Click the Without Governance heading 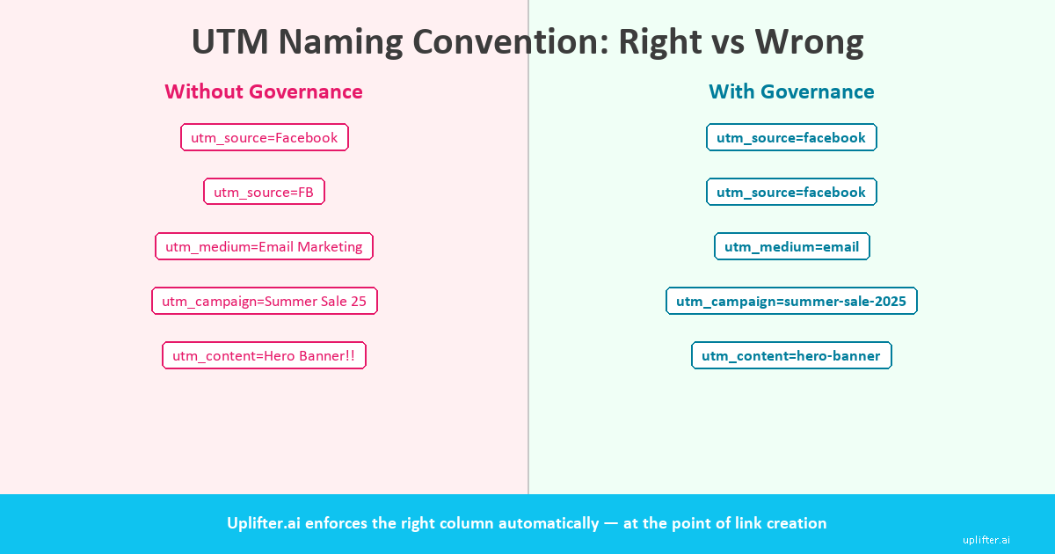[264, 91]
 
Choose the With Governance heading [791, 91]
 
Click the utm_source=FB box [264, 192]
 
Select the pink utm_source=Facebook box [265, 137]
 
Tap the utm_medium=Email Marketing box [264, 246]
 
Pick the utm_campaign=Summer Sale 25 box [264, 301]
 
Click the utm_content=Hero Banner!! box [264, 355]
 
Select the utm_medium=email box [791, 246]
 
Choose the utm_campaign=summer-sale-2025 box [791, 301]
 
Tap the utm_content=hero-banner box [791, 355]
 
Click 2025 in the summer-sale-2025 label [889, 301]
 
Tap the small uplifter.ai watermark [986, 540]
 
